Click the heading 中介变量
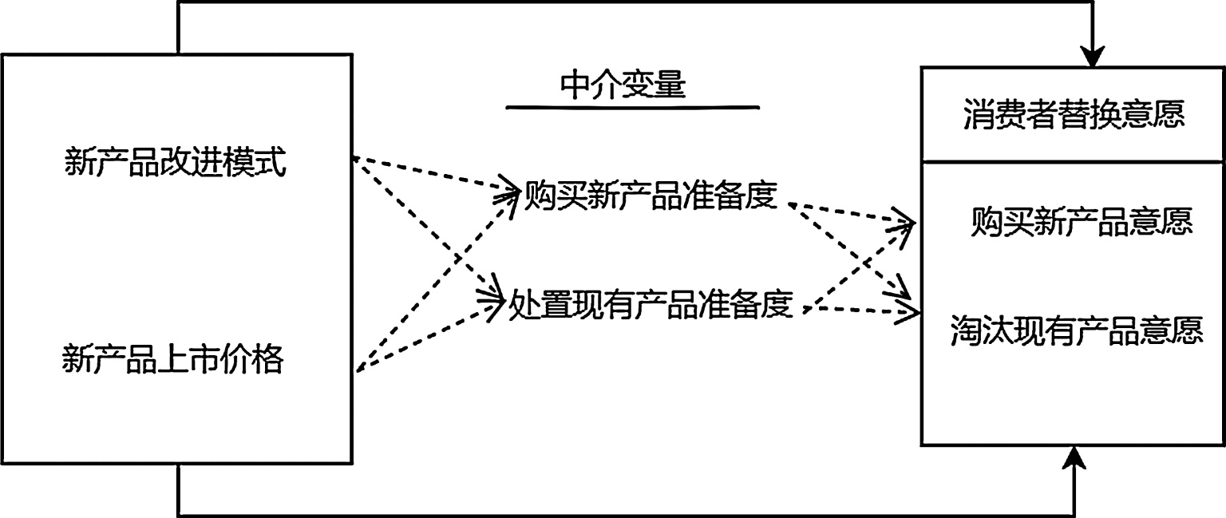click(x=623, y=85)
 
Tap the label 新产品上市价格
click(x=172, y=361)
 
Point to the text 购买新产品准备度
click(x=650, y=196)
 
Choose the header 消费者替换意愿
click(x=1074, y=116)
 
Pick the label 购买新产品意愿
click(x=1082, y=223)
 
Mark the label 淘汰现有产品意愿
click(x=1077, y=330)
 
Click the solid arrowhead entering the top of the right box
click(x=1093, y=57)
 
